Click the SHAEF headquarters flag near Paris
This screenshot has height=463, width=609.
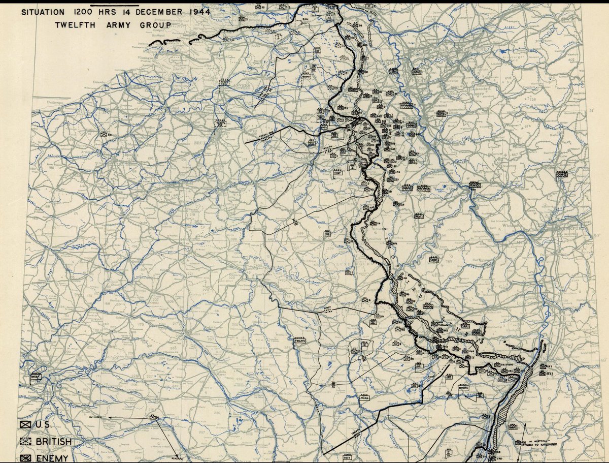[33, 376]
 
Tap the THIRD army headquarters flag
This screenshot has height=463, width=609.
[364, 398]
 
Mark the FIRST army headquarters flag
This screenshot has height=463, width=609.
[338, 173]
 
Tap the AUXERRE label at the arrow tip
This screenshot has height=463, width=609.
[179, 456]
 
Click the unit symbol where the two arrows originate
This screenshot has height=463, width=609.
[152, 417]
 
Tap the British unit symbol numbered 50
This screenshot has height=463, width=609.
[105, 134]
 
